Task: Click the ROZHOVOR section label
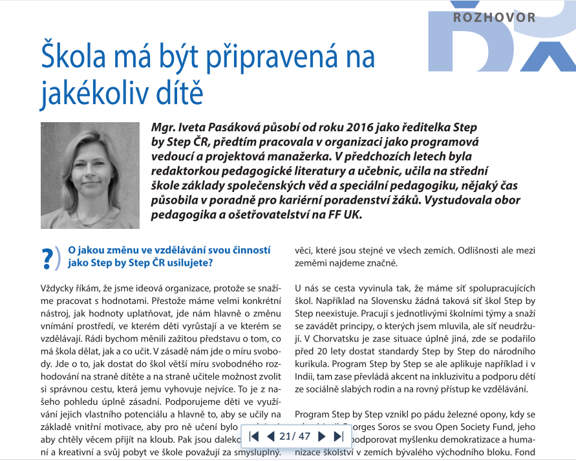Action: click(x=495, y=17)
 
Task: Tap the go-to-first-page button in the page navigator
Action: click(x=254, y=436)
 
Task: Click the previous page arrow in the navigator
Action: click(x=270, y=436)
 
